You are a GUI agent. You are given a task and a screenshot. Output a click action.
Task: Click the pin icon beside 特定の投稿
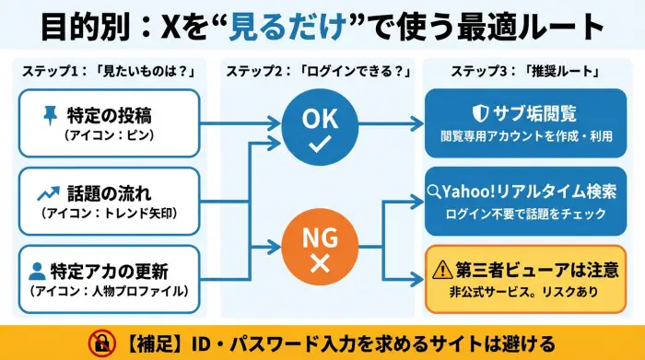tap(50, 115)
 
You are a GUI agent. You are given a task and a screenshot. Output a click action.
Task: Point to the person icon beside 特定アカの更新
tap(38, 271)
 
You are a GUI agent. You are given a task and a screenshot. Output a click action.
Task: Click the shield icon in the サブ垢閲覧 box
tap(479, 114)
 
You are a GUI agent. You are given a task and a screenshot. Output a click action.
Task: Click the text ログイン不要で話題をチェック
tap(525, 215)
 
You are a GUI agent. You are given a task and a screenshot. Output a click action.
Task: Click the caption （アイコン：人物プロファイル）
tap(110, 292)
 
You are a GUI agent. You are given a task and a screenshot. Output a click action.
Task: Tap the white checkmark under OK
tap(321, 146)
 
